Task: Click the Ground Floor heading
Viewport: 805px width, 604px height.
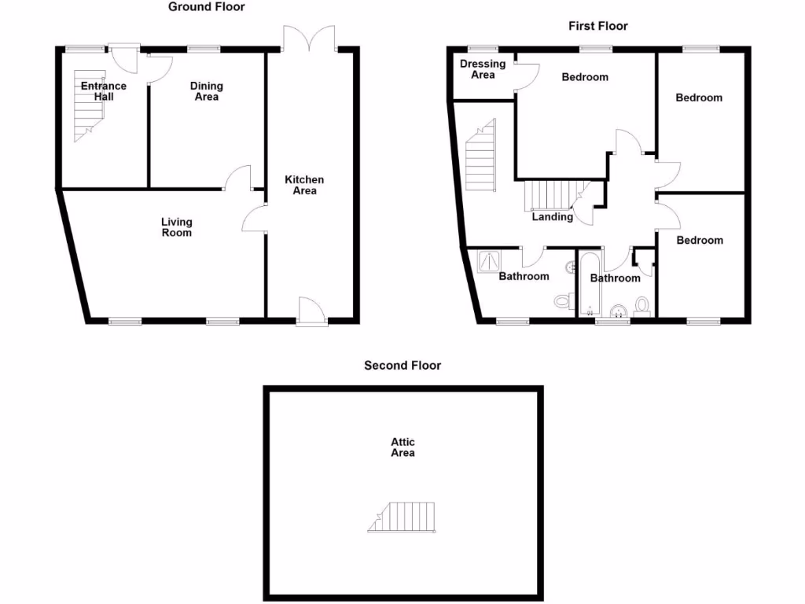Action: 207,7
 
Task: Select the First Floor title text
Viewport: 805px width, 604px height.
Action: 598,26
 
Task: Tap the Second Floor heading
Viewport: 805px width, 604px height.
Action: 402,365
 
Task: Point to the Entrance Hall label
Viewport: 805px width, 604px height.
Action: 104,91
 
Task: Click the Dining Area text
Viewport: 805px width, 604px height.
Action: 207,91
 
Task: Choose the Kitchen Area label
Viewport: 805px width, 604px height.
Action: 304,185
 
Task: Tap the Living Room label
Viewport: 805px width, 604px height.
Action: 176,227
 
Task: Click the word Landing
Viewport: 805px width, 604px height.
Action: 552,216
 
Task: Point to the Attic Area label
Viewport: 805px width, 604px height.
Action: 402,447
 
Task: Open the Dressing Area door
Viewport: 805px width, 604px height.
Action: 525,75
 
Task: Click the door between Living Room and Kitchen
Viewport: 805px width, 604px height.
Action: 256,219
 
